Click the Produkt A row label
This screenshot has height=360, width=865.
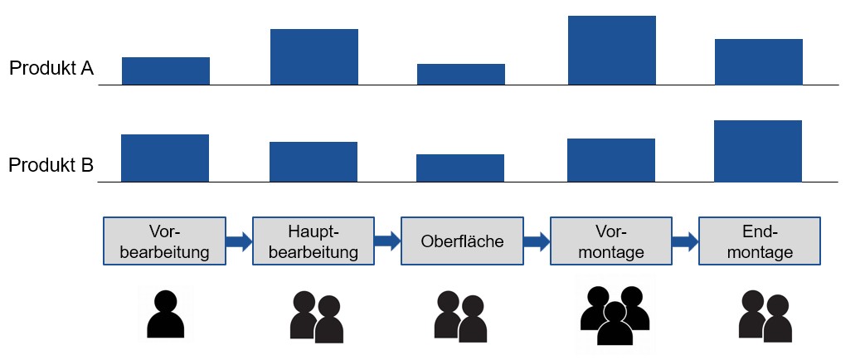pyautogui.click(x=51, y=69)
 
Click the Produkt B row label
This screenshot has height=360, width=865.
pyautogui.click(x=51, y=166)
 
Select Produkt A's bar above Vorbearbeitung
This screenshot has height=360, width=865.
pyautogui.click(x=166, y=71)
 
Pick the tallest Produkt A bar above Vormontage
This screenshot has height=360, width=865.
pyautogui.click(x=611, y=50)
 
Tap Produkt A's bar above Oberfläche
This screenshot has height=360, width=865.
pyautogui.click(x=460, y=74)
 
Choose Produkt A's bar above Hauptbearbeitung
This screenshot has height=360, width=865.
pyautogui.click(x=314, y=56)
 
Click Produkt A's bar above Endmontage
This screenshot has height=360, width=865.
pyautogui.click(x=758, y=61)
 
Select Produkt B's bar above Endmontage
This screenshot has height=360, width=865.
pyautogui.click(x=758, y=151)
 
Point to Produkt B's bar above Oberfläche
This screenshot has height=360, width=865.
pyautogui.click(x=460, y=168)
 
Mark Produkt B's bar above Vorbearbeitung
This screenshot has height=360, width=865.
pyautogui.click(x=165, y=158)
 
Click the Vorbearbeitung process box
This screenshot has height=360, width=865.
pyautogui.click(x=164, y=241)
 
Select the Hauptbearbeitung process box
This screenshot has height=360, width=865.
pyautogui.click(x=313, y=241)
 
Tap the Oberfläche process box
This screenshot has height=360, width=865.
pyautogui.click(x=462, y=241)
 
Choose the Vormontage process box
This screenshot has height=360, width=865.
pyautogui.click(x=611, y=241)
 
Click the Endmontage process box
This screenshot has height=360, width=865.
pyautogui.click(x=759, y=241)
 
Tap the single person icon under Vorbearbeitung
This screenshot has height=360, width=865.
pyautogui.click(x=165, y=314)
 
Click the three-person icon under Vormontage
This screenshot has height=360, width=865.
pyautogui.click(x=613, y=316)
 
